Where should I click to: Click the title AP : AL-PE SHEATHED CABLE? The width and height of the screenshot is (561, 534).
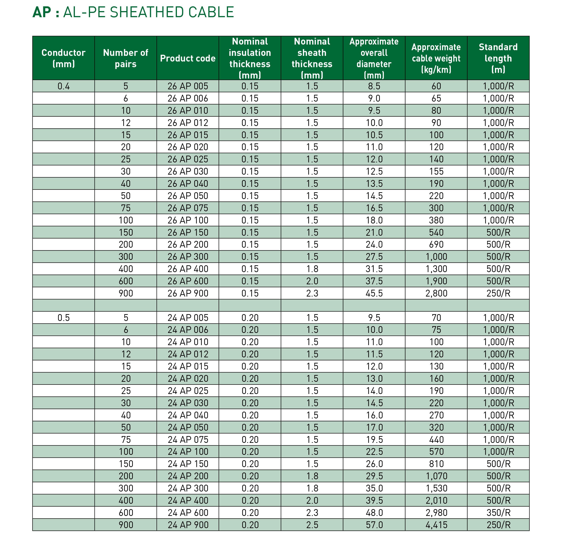tap(133, 12)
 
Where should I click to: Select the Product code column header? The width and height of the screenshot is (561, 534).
tap(188, 58)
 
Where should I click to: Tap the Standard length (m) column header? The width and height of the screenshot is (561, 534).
tap(498, 58)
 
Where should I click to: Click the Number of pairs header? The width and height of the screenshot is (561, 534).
tap(126, 58)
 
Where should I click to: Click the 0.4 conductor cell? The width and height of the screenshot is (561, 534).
tap(64, 86)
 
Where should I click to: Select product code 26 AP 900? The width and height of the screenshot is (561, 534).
tap(188, 293)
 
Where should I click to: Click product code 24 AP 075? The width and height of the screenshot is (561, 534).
tap(188, 439)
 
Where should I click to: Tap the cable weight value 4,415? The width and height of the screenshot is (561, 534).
tap(436, 525)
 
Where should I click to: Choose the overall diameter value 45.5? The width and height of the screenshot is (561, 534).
tap(374, 293)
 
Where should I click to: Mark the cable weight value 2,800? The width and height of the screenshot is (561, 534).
tap(436, 293)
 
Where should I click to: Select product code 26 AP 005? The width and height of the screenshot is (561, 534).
tap(188, 86)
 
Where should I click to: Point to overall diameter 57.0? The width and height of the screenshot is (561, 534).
tap(374, 525)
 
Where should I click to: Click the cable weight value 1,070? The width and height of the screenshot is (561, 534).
tap(436, 476)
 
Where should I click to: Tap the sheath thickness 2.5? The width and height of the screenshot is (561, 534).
tap(312, 525)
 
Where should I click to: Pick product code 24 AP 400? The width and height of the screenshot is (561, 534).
tap(188, 500)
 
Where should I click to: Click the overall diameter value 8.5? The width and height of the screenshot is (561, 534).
tap(374, 86)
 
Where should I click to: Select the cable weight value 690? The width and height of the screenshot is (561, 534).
tap(436, 244)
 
